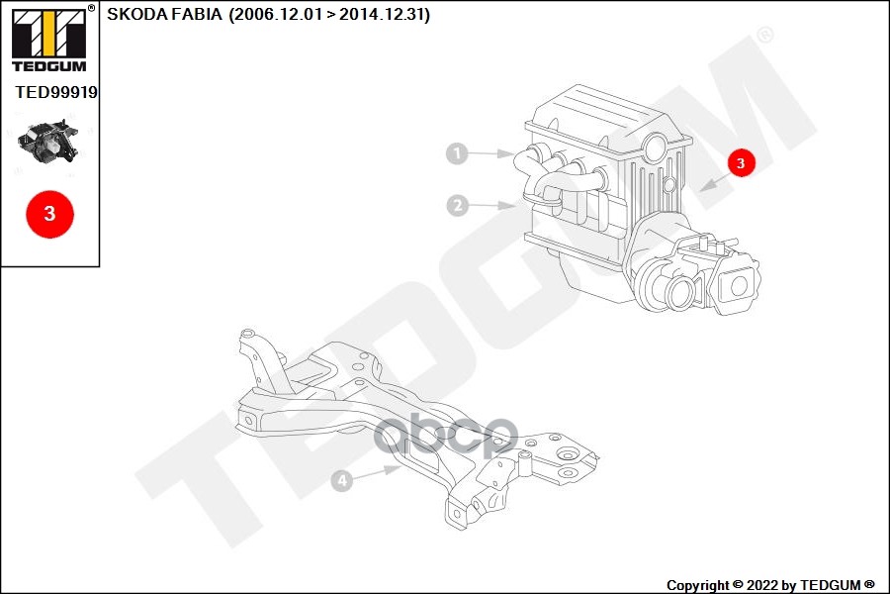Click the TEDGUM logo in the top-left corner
pyautogui.click(x=48, y=40)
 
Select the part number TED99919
pyautogui.click(x=56, y=92)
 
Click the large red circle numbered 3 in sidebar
pyautogui.click(x=49, y=212)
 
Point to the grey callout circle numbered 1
pyautogui.click(x=456, y=153)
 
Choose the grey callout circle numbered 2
pyautogui.click(x=456, y=206)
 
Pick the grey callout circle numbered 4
pyautogui.click(x=341, y=481)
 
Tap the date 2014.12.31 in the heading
pyautogui.click(x=383, y=16)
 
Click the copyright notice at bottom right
pyautogui.click(x=770, y=585)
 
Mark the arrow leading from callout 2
pyautogui.click(x=491, y=206)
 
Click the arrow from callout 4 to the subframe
pyautogui.click(x=377, y=472)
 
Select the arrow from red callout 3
pyautogui.click(x=714, y=179)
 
